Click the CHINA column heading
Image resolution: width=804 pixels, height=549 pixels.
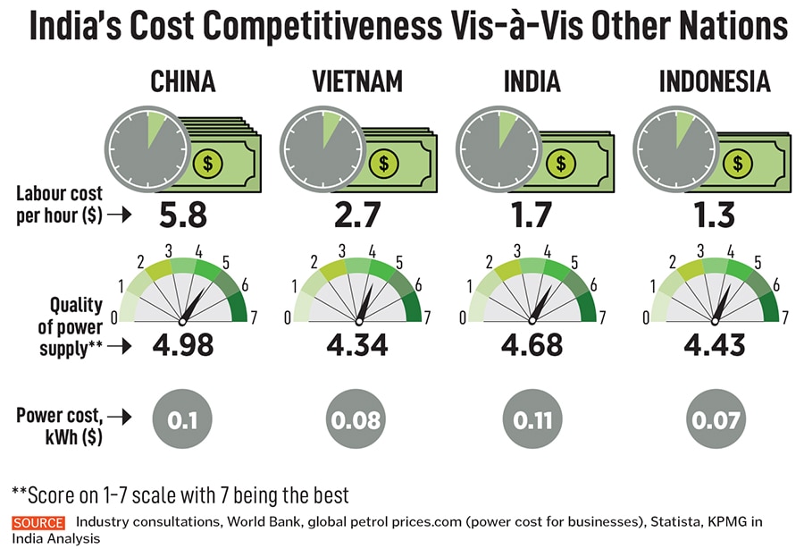pyautogui.click(x=182, y=82)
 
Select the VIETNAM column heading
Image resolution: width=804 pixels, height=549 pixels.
pyautogui.click(x=357, y=82)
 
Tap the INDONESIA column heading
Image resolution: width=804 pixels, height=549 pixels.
pyautogui.click(x=714, y=82)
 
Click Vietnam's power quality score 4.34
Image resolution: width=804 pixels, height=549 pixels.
pyautogui.click(x=357, y=344)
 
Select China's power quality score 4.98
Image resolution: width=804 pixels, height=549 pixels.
pyautogui.click(x=182, y=344)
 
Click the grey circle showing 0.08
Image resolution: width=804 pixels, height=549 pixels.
pyautogui.click(x=357, y=418)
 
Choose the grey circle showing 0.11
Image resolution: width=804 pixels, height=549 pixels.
pyautogui.click(x=532, y=418)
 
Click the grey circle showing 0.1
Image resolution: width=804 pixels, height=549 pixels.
pyautogui.click(x=182, y=418)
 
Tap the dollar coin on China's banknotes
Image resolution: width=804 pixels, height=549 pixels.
pyautogui.click(x=208, y=163)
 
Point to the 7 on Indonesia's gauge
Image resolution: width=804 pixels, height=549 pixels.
pyautogui.click(x=785, y=316)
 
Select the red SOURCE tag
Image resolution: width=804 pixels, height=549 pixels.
pyautogui.click(x=38, y=523)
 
